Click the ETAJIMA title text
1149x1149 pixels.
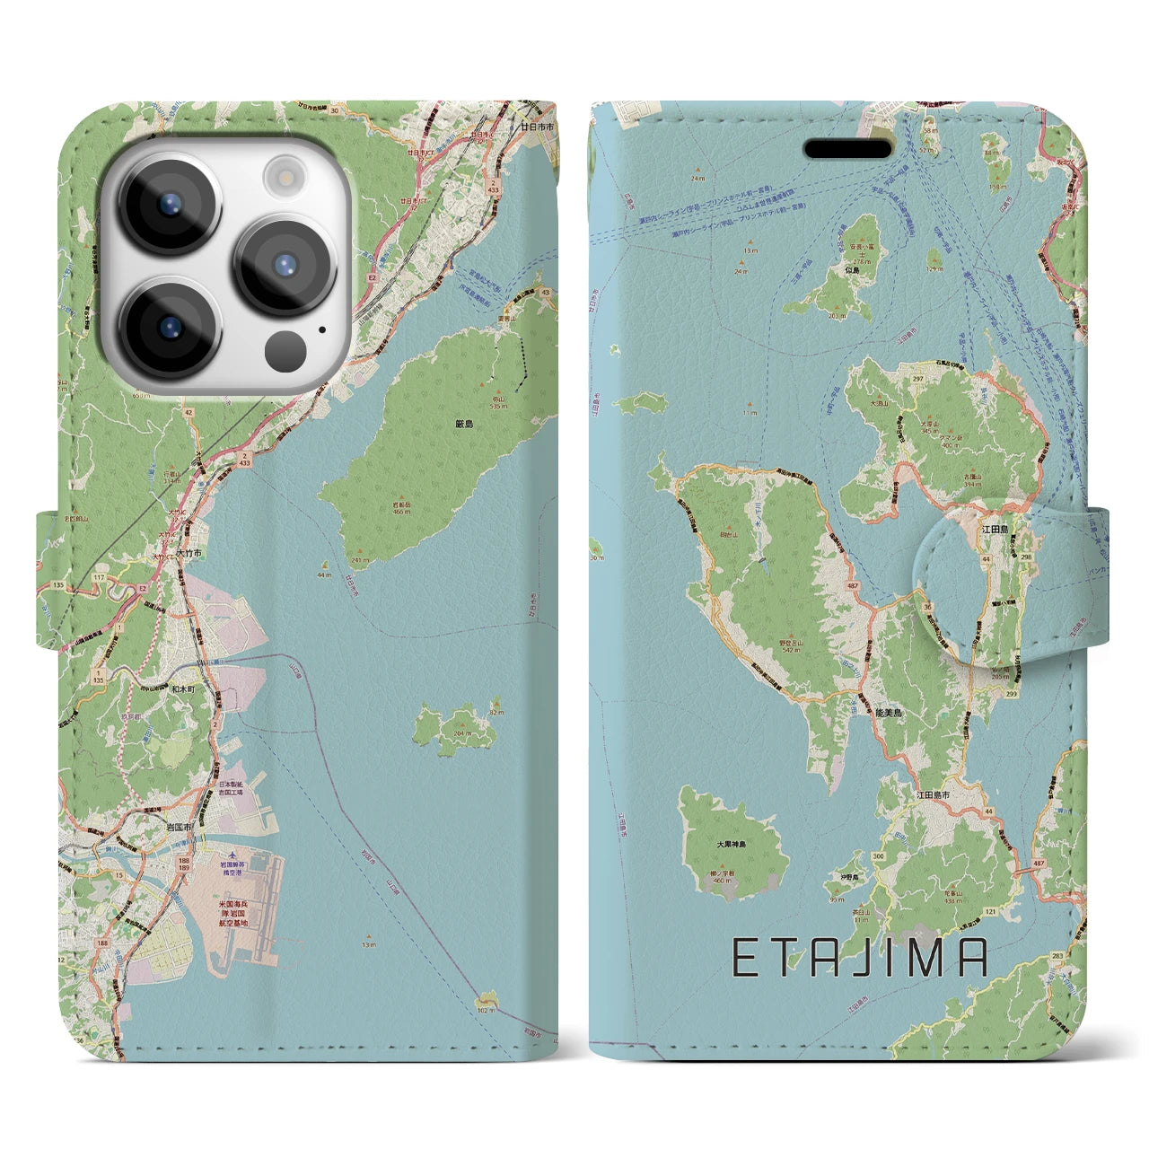click(x=860, y=958)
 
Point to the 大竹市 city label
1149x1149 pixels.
click(x=189, y=554)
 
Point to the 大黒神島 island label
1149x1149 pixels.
click(x=732, y=844)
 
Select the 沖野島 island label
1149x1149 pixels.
click(x=848, y=876)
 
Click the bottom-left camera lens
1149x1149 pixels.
click(x=169, y=326)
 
